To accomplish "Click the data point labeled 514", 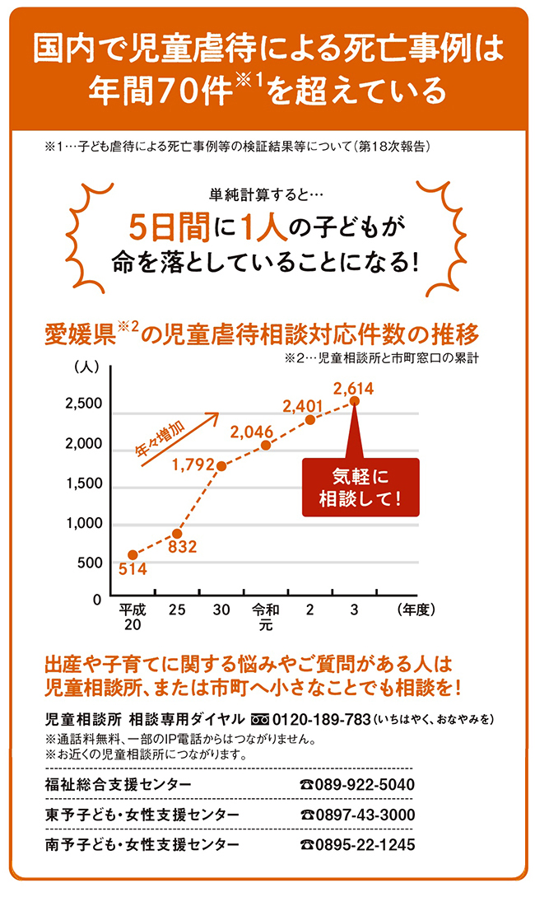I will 133,554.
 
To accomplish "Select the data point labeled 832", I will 177,534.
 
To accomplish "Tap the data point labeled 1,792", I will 221,466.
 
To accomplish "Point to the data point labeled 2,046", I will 266,446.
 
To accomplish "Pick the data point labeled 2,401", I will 310,419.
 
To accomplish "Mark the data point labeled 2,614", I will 355,401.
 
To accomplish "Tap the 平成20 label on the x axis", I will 133,618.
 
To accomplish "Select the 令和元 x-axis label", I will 265,618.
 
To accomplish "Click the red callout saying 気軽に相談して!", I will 360,487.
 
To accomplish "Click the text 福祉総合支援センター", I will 118,784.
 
